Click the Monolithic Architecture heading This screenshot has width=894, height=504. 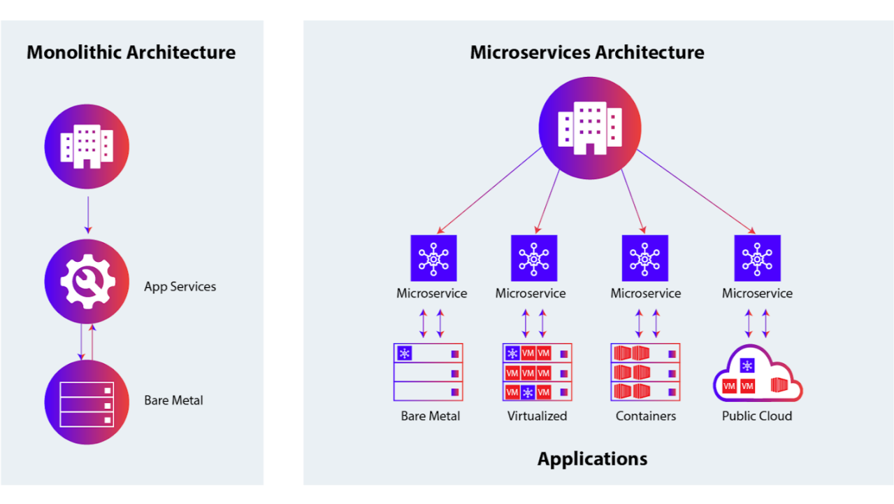[x=131, y=52]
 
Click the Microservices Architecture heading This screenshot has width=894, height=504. [x=586, y=52]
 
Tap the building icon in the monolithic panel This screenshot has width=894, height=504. [x=87, y=146]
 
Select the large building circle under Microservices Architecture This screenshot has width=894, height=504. [x=589, y=127]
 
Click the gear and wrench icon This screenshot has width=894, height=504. [x=87, y=281]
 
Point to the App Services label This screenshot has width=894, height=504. [x=180, y=286]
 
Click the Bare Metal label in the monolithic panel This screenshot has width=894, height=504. [x=173, y=400]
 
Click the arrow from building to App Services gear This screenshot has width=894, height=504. [x=87, y=215]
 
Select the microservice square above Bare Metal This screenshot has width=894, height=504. [x=433, y=258]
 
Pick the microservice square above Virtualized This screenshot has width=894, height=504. [x=533, y=258]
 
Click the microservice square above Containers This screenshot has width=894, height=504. [x=644, y=258]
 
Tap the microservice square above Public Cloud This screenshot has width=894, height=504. [x=757, y=258]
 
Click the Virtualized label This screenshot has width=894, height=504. [x=537, y=416]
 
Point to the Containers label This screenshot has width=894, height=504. [x=646, y=416]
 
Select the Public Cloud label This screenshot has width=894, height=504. [x=757, y=416]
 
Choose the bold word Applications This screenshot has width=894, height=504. [x=592, y=458]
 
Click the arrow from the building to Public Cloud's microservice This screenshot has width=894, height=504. [x=695, y=190]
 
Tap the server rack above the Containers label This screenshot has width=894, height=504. [x=645, y=372]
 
